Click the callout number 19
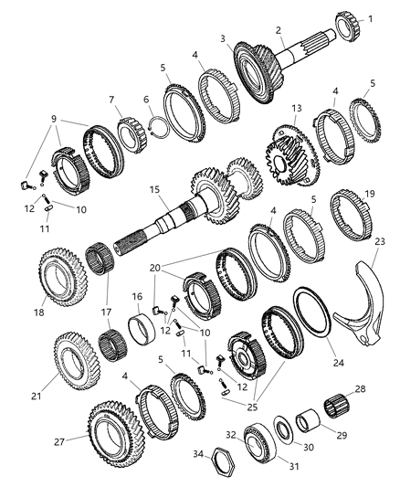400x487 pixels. (x=370, y=194)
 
